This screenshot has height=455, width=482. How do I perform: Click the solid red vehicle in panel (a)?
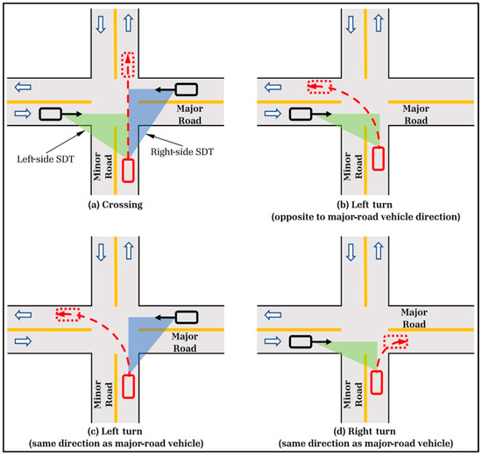128,170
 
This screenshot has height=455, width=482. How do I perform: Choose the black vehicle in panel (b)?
302,114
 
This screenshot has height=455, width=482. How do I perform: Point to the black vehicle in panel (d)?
302,341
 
